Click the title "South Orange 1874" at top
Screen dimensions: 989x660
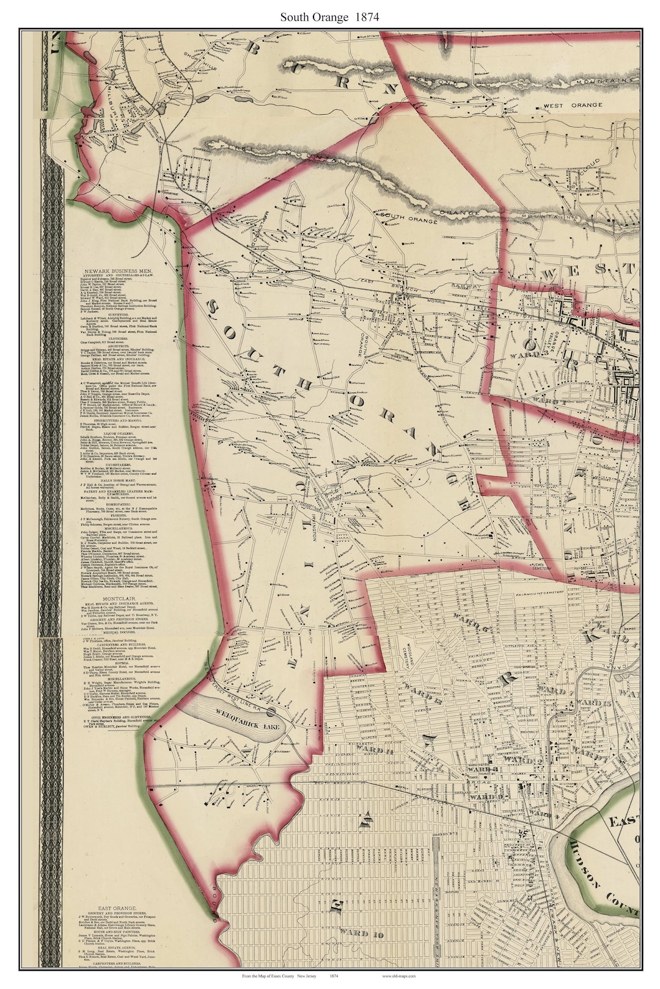(329, 17)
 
